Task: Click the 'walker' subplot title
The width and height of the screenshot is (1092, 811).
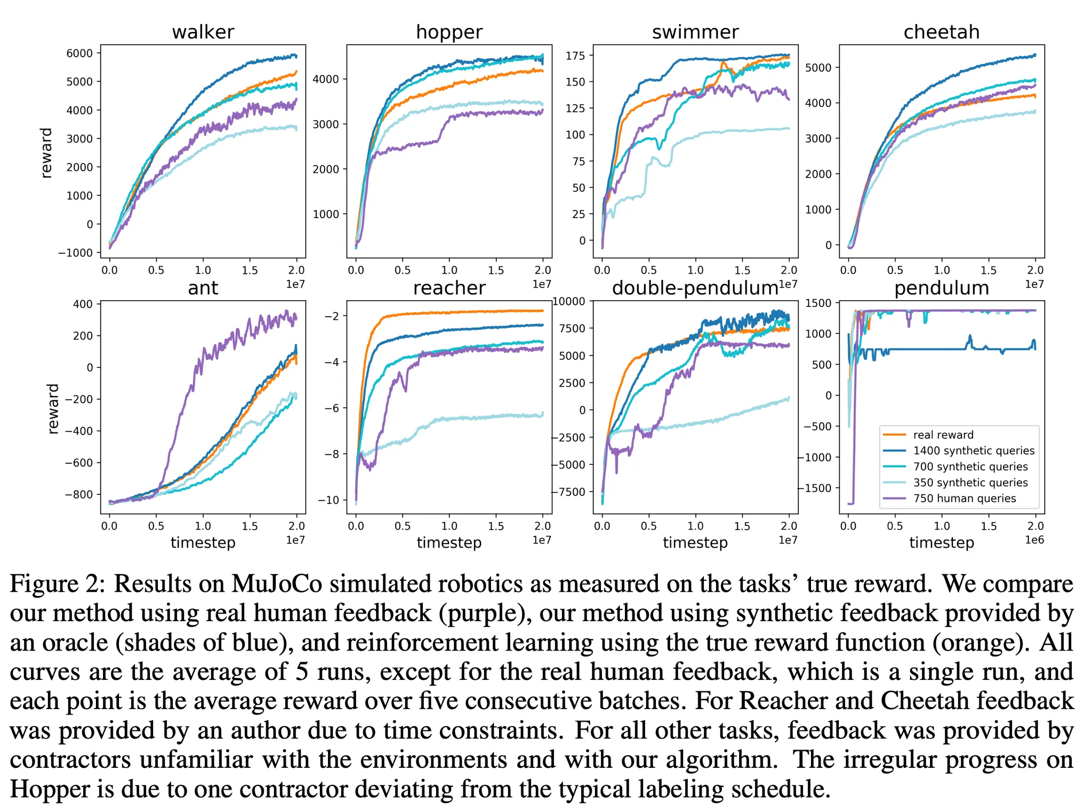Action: tap(203, 32)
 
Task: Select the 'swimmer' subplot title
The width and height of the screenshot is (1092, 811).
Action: tap(695, 32)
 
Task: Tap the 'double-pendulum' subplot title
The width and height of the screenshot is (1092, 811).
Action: tap(695, 288)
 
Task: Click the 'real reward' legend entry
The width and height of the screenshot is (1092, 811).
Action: tap(943, 435)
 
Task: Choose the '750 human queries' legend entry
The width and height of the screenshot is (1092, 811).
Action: tap(964, 499)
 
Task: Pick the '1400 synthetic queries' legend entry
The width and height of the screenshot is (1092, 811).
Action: tap(973, 451)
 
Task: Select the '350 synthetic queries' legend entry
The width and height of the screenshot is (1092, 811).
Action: tap(970, 483)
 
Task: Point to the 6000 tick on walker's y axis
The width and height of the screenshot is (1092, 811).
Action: tap(79, 53)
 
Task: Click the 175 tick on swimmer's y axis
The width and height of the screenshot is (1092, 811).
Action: tap(575, 55)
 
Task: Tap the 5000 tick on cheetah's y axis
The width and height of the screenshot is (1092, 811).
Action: tap(818, 68)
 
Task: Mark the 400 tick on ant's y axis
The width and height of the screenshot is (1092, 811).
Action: tap(83, 304)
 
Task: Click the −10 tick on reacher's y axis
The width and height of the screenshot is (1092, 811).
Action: tap(328, 500)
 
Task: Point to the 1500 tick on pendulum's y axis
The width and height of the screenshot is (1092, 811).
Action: tap(818, 303)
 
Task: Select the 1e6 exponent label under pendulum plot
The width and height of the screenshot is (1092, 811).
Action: tap(1034, 540)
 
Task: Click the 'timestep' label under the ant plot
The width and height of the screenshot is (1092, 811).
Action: tap(203, 543)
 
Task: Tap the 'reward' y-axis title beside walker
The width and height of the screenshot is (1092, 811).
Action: tap(47, 152)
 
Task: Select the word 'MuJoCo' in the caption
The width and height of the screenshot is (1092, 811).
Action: tap(276, 584)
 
